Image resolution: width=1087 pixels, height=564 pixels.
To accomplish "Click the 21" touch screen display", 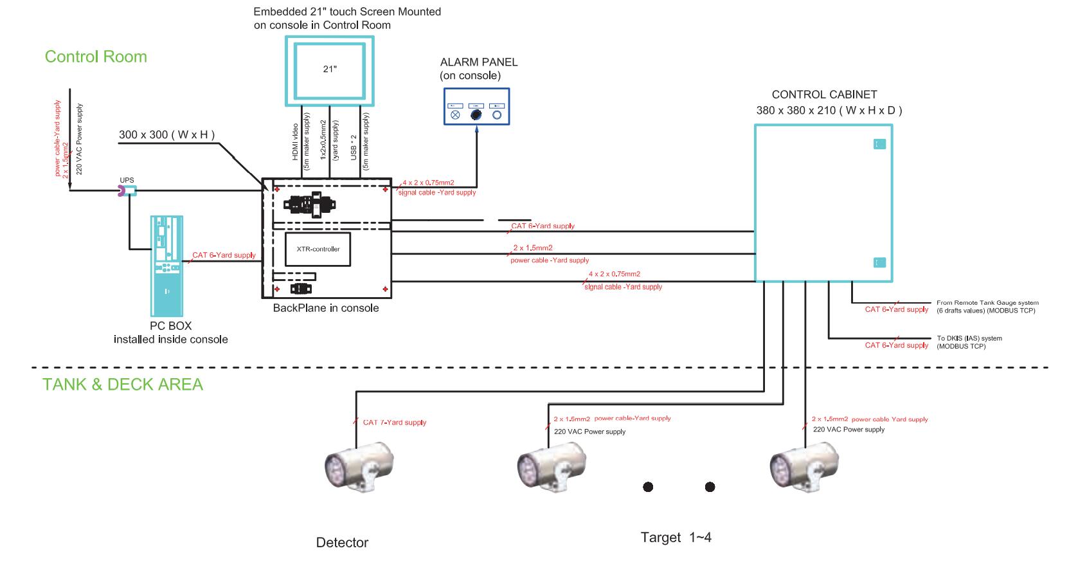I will coord(329,70).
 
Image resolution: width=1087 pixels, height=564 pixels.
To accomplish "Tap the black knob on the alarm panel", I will coord(476,115).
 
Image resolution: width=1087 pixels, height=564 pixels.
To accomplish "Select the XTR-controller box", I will coord(318,249).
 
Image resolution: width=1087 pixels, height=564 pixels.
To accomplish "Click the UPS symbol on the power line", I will coord(126,190).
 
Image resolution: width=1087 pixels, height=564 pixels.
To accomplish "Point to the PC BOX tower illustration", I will coord(166,264).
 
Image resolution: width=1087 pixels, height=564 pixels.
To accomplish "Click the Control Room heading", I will coord(96,57).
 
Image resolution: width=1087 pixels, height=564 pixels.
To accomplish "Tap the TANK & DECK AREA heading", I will coord(123,385).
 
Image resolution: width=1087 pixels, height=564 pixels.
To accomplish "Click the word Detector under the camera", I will coord(342,543).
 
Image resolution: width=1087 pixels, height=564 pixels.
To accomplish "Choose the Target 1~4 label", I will coord(676,537).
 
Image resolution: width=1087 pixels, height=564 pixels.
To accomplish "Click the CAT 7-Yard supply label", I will coord(394,423).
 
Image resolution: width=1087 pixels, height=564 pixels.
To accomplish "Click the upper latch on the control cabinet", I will coord(879,144).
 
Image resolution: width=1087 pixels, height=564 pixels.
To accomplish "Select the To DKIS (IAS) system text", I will coord(969,338).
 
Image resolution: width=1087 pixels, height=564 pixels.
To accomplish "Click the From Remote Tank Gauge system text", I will coord(987,303).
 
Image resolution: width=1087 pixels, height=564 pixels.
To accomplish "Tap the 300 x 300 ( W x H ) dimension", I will coord(166,135).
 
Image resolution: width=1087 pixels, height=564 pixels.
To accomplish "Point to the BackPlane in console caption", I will coord(326,308).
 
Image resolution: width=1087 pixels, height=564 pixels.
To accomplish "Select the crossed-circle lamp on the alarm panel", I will coord(455,115).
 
